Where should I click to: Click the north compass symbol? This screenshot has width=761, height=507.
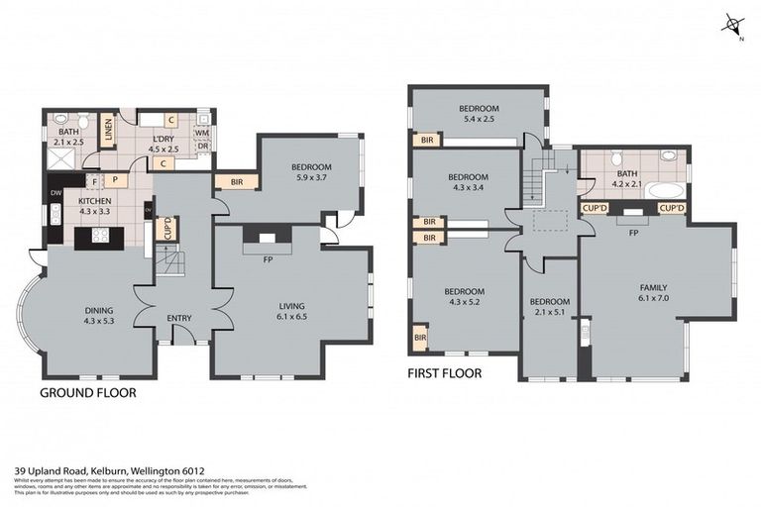pos(734,26)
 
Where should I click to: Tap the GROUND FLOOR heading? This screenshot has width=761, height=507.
pos(87,393)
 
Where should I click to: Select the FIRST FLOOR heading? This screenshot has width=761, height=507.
pos(445,374)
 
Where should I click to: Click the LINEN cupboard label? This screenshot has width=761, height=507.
pos(108,130)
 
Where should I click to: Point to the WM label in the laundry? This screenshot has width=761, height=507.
pos(201,132)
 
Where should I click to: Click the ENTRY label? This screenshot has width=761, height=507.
pos(179,318)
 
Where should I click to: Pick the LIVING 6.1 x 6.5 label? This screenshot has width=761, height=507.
pos(291,312)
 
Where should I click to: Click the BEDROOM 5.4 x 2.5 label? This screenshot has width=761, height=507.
pos(478,114)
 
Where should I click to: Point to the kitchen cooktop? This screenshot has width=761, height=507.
pos(101,237)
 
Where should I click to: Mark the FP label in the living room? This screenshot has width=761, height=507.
pos(268,260)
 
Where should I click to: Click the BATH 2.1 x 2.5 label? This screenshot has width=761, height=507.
pos(68,137)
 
